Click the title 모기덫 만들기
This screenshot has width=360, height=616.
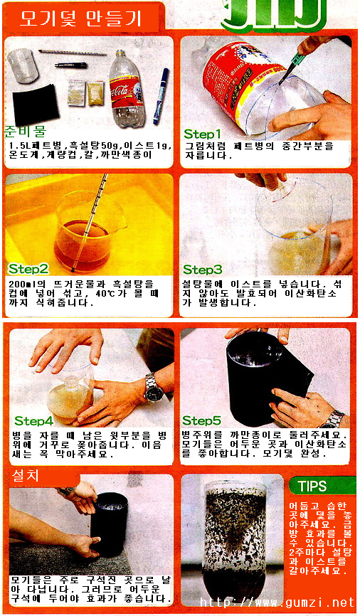[80, 18]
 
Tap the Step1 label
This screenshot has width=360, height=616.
[202, 134]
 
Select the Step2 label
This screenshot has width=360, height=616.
[28, 269]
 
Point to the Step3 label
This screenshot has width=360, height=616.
[202, 270]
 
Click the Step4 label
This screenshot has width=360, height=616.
[34, 421]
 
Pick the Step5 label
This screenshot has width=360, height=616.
[201, 421]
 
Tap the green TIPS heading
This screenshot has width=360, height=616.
[312, 486]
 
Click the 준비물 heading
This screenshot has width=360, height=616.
[25, 131]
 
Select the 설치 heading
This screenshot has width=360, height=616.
[26, 476]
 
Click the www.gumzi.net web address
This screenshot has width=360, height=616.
[277, 602]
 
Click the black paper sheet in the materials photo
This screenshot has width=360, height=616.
[36, 103]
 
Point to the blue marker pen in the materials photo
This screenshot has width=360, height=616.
[161, 96]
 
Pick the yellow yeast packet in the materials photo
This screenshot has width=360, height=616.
[95, 93]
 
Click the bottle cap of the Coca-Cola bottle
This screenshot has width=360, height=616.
[122, 53]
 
